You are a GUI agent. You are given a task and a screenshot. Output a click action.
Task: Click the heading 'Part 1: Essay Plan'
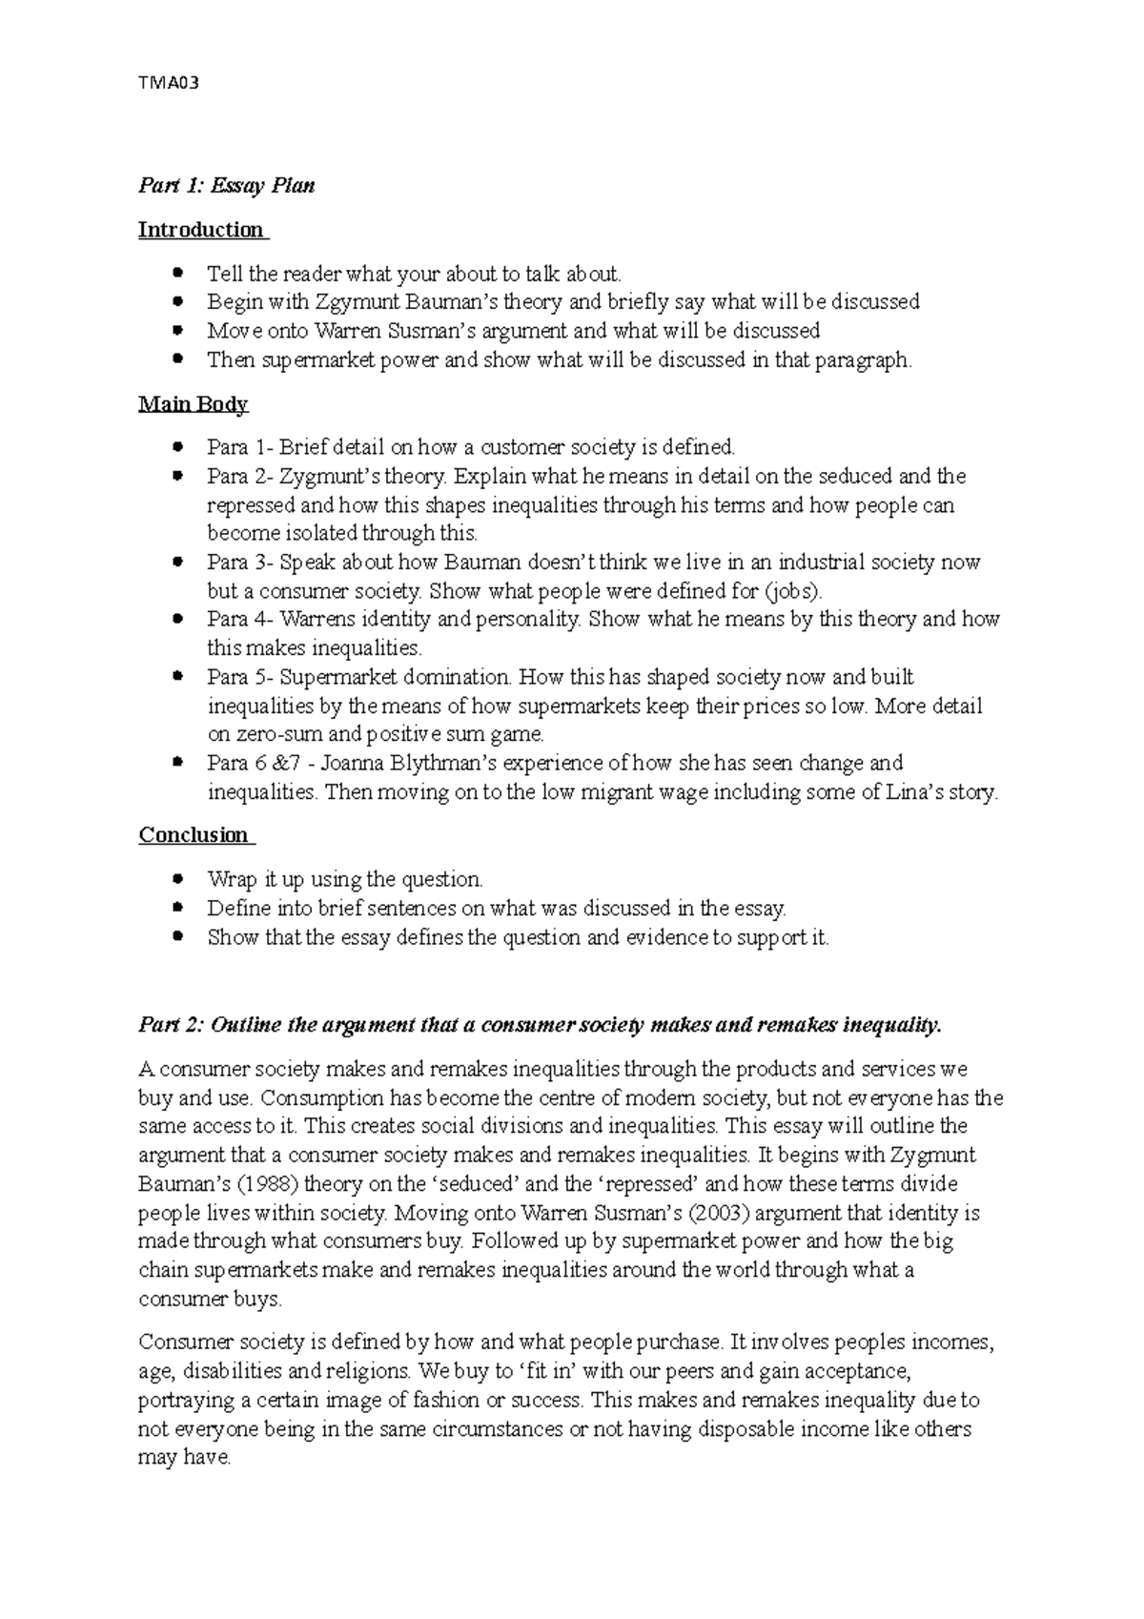226,185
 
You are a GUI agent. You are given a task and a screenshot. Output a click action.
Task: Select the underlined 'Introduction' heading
201,230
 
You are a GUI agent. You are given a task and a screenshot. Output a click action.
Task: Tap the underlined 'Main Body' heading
193,404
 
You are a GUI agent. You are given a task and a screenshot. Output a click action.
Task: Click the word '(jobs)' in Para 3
793,590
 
